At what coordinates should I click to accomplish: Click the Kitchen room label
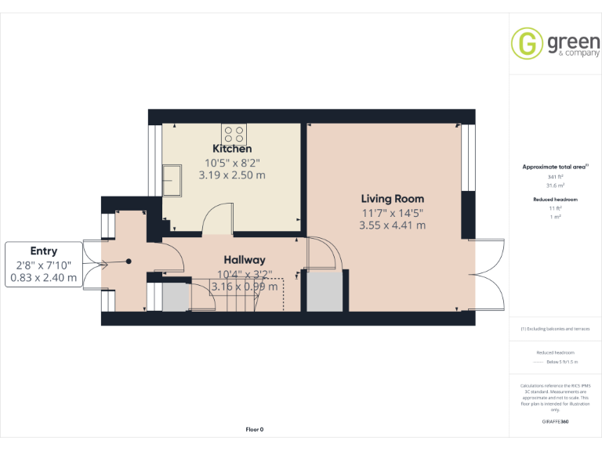pos(232,149)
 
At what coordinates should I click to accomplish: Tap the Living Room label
pos(392,199)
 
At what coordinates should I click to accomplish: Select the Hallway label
pos(245,260)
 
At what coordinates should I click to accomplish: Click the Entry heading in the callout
pos(44,251)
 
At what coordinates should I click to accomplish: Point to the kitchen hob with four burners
pos(234,132)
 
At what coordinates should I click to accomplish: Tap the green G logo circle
pos(527,43)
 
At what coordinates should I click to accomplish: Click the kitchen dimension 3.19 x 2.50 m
pos(232,175)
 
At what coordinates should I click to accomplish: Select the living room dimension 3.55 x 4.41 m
pos(392,225)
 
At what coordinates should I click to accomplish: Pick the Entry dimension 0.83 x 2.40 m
pos(44,277)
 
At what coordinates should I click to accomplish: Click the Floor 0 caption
pos(255,429)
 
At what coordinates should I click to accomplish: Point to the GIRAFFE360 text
pos(555,422)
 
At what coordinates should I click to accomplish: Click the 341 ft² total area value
pos(555,177)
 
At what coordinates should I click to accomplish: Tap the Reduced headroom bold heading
pos(555,200)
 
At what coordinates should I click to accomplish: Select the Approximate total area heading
pos(554,167)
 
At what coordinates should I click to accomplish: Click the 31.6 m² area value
pos(555,186)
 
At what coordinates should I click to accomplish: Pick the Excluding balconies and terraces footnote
pos(555,329)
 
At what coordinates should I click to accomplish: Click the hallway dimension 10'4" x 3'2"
pos(245,274)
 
